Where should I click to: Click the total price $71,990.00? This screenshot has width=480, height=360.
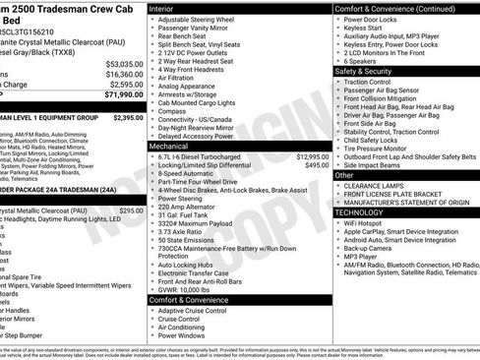(118, 95)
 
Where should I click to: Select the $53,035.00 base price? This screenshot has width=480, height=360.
(123, 63)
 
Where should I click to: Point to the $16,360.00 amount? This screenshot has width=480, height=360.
(123, 74)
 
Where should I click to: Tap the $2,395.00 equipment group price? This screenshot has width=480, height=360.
(128, 117)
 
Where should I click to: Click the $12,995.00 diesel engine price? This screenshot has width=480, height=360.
(312, 156)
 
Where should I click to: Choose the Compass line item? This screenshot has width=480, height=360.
(173, 111)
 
